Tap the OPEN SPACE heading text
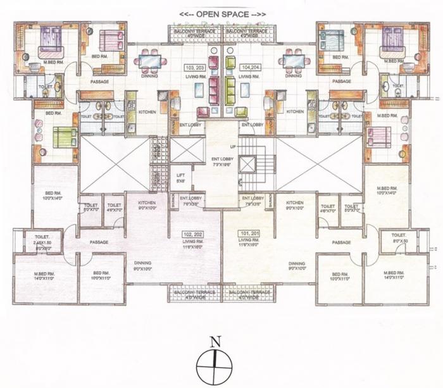(x=222, y=13)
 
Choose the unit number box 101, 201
(x=249, y=233)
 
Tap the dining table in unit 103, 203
(x=150, y=61)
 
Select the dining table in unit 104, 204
(x=293, y=61)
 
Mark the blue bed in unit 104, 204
(x=331, y=42)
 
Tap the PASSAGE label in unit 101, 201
(x=342, y=242)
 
